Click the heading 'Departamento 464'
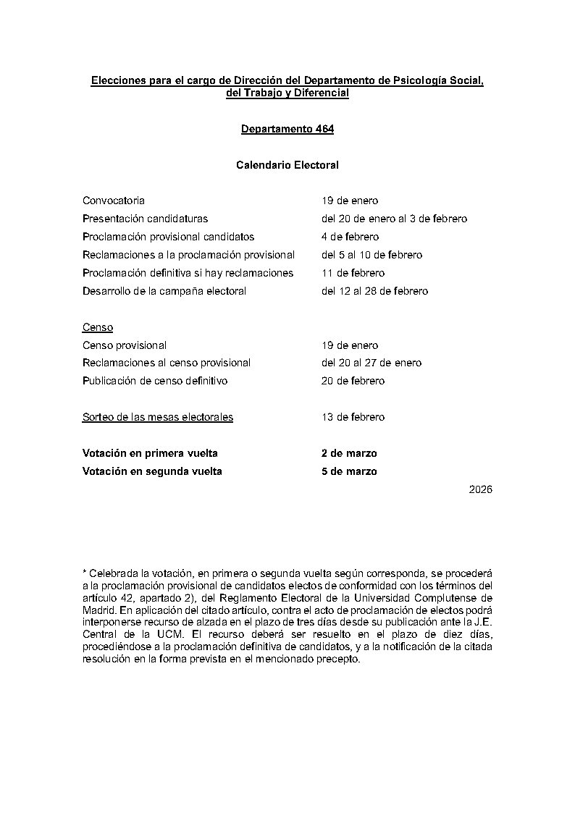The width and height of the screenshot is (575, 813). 287,130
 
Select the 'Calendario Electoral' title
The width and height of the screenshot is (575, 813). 287,165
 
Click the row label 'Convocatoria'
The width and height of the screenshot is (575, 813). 113,201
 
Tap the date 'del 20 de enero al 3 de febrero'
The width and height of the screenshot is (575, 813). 394,219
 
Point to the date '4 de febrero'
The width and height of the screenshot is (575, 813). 350,237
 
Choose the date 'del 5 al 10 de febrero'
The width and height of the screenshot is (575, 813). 372,255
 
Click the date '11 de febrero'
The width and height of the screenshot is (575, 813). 353,273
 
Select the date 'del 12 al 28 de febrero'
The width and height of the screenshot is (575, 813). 374,291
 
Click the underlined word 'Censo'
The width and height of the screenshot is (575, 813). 97,328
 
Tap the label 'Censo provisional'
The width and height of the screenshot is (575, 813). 124,345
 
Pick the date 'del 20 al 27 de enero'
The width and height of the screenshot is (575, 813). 372,363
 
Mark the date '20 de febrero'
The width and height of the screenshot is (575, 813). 353,381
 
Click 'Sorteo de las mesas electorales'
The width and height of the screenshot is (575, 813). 157,417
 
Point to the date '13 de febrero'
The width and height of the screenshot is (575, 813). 353,417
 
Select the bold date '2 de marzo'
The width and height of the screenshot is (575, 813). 349,453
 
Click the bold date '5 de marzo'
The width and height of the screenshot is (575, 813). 349,471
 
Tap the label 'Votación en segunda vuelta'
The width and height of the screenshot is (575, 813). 152,471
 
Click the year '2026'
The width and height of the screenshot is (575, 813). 480,490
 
